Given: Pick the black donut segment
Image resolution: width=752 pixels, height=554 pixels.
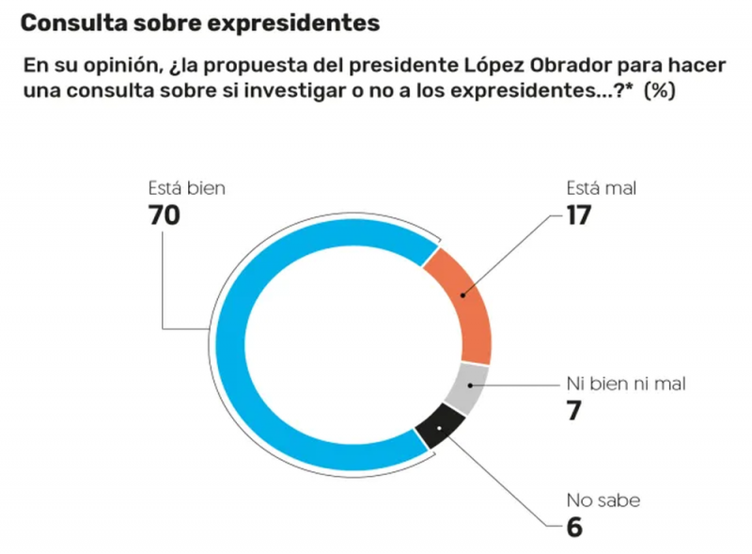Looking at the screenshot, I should (x=438, y=430).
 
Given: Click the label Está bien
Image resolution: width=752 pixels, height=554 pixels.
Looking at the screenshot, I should (x=187, y=188).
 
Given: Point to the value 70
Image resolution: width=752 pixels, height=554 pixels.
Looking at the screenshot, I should (x=164, y=214).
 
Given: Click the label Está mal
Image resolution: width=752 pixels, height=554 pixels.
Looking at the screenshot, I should (x=602, y=188).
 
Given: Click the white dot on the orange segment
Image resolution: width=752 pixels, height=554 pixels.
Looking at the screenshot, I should (x=462, y=293).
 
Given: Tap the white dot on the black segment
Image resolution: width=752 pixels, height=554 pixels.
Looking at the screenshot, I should (x=439, y=428).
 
